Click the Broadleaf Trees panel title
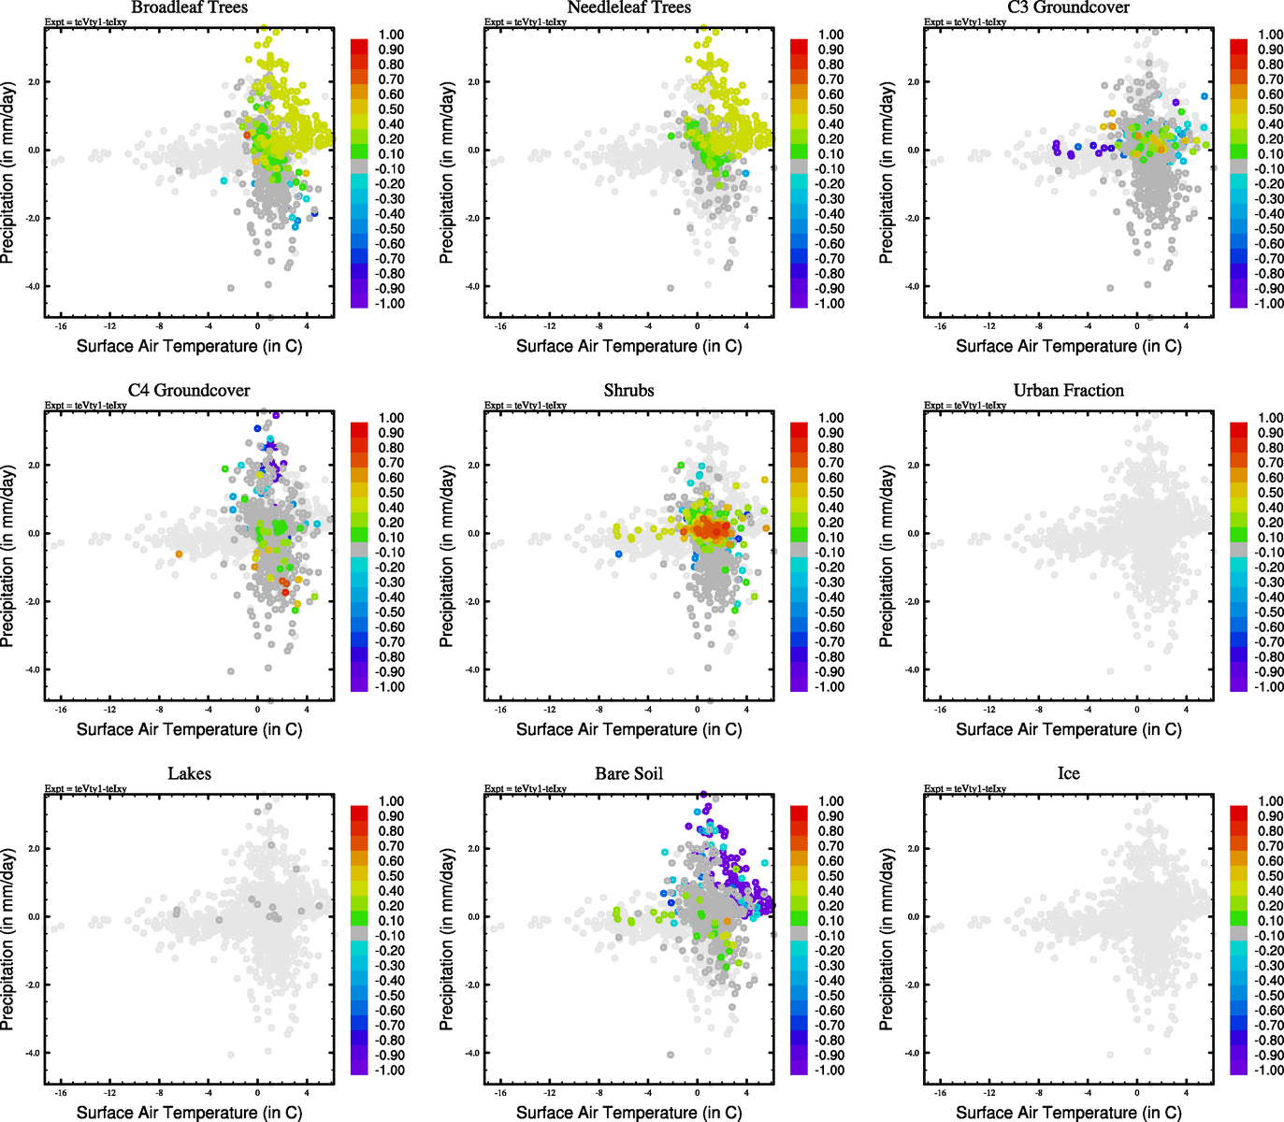[189, 7]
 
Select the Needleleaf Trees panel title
[628, 7]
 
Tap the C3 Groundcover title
[1068, 7]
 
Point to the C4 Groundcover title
[189, 390]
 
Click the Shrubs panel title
[628, 390]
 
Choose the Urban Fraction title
[1068, 390]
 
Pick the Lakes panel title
[189, 773]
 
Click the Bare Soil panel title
[628, 773]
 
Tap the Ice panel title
[1068, 773]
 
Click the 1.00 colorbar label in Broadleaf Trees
[391, 35]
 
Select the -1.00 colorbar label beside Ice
[1268, 1070]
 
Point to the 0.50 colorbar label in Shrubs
[830, 493]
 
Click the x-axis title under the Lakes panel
[189, 1112]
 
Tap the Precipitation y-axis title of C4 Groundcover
[8, 556]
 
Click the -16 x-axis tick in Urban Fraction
[940, 710]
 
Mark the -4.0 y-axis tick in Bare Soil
[472, 1053]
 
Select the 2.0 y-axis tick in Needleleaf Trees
[473, 81]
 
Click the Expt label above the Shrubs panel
[525, 405]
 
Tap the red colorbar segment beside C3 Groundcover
[1239, 45]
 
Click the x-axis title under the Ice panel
[1068, 1112]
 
